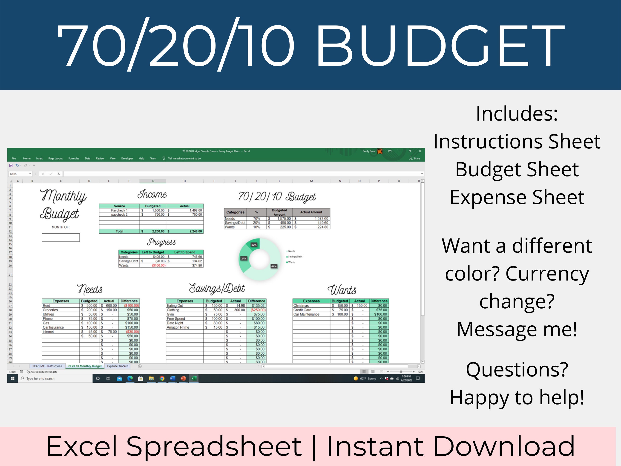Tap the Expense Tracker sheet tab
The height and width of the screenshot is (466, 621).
click(x=117, y=366)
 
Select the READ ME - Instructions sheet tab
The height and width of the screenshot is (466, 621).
click(x=47, y=366)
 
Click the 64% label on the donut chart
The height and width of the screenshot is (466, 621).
click(x=274, y=266)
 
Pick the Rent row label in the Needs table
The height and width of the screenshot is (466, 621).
click(x=46, y=306)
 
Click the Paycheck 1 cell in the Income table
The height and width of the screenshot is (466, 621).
click(x=119, y=210)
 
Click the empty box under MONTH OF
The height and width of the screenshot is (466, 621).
click(x=61, y=237)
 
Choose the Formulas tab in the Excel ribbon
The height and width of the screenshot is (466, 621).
click(x=74, y=158)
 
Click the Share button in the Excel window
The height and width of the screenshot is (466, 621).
click(x=415, y=158)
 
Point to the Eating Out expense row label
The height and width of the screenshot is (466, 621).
click(x=175, y=306)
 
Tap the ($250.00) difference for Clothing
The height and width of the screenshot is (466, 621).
click(x=258, y=310)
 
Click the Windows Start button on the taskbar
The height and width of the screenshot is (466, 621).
click(x=12, y=378)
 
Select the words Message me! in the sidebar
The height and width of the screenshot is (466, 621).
click(x=517, y=329)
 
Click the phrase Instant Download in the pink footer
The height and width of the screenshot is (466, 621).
click(x=451, y=446)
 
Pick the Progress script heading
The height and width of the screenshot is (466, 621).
click(x=161, y=242)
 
